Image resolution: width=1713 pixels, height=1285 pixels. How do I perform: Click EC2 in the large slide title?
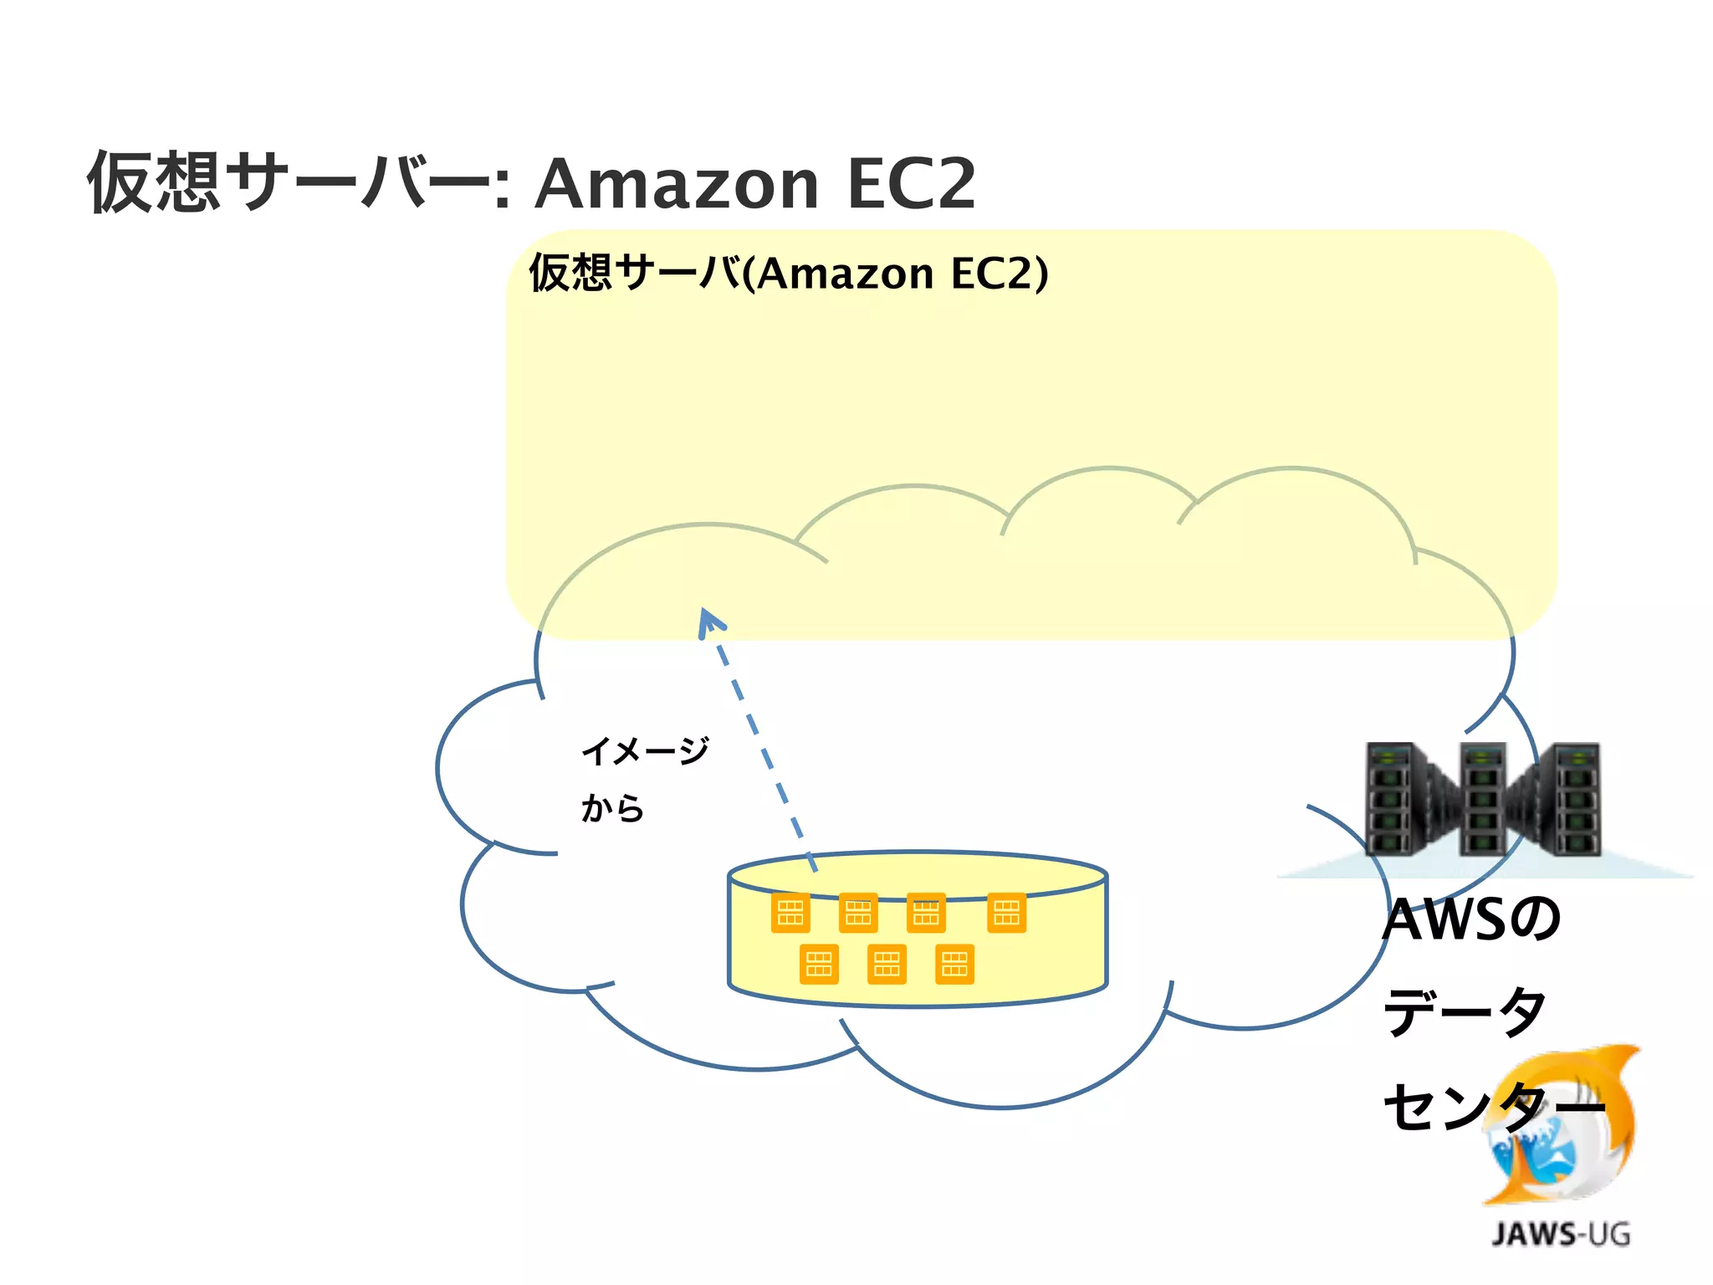[911, 185]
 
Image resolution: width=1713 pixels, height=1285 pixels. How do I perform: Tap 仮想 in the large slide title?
[155, 182]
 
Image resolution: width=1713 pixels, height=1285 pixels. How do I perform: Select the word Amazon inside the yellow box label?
[845, 274]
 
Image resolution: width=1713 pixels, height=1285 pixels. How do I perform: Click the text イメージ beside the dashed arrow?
[645, 750]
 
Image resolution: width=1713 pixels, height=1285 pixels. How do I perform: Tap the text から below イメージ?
[612, 808]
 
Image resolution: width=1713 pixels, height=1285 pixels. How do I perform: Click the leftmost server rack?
[1393, 799]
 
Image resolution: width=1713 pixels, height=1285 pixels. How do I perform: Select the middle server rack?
[1482, 799]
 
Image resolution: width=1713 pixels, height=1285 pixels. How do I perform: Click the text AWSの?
[1470, 919]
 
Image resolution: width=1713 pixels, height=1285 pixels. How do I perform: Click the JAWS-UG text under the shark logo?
[1561, 1234]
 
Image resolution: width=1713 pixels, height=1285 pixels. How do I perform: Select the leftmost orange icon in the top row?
[790, 913]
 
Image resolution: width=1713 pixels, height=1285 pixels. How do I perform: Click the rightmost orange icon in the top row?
[1006, 913]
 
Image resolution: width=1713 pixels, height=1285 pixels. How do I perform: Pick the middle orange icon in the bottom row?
[887, 965]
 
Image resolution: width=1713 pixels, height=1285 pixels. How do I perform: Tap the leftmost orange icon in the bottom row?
[819, 965]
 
